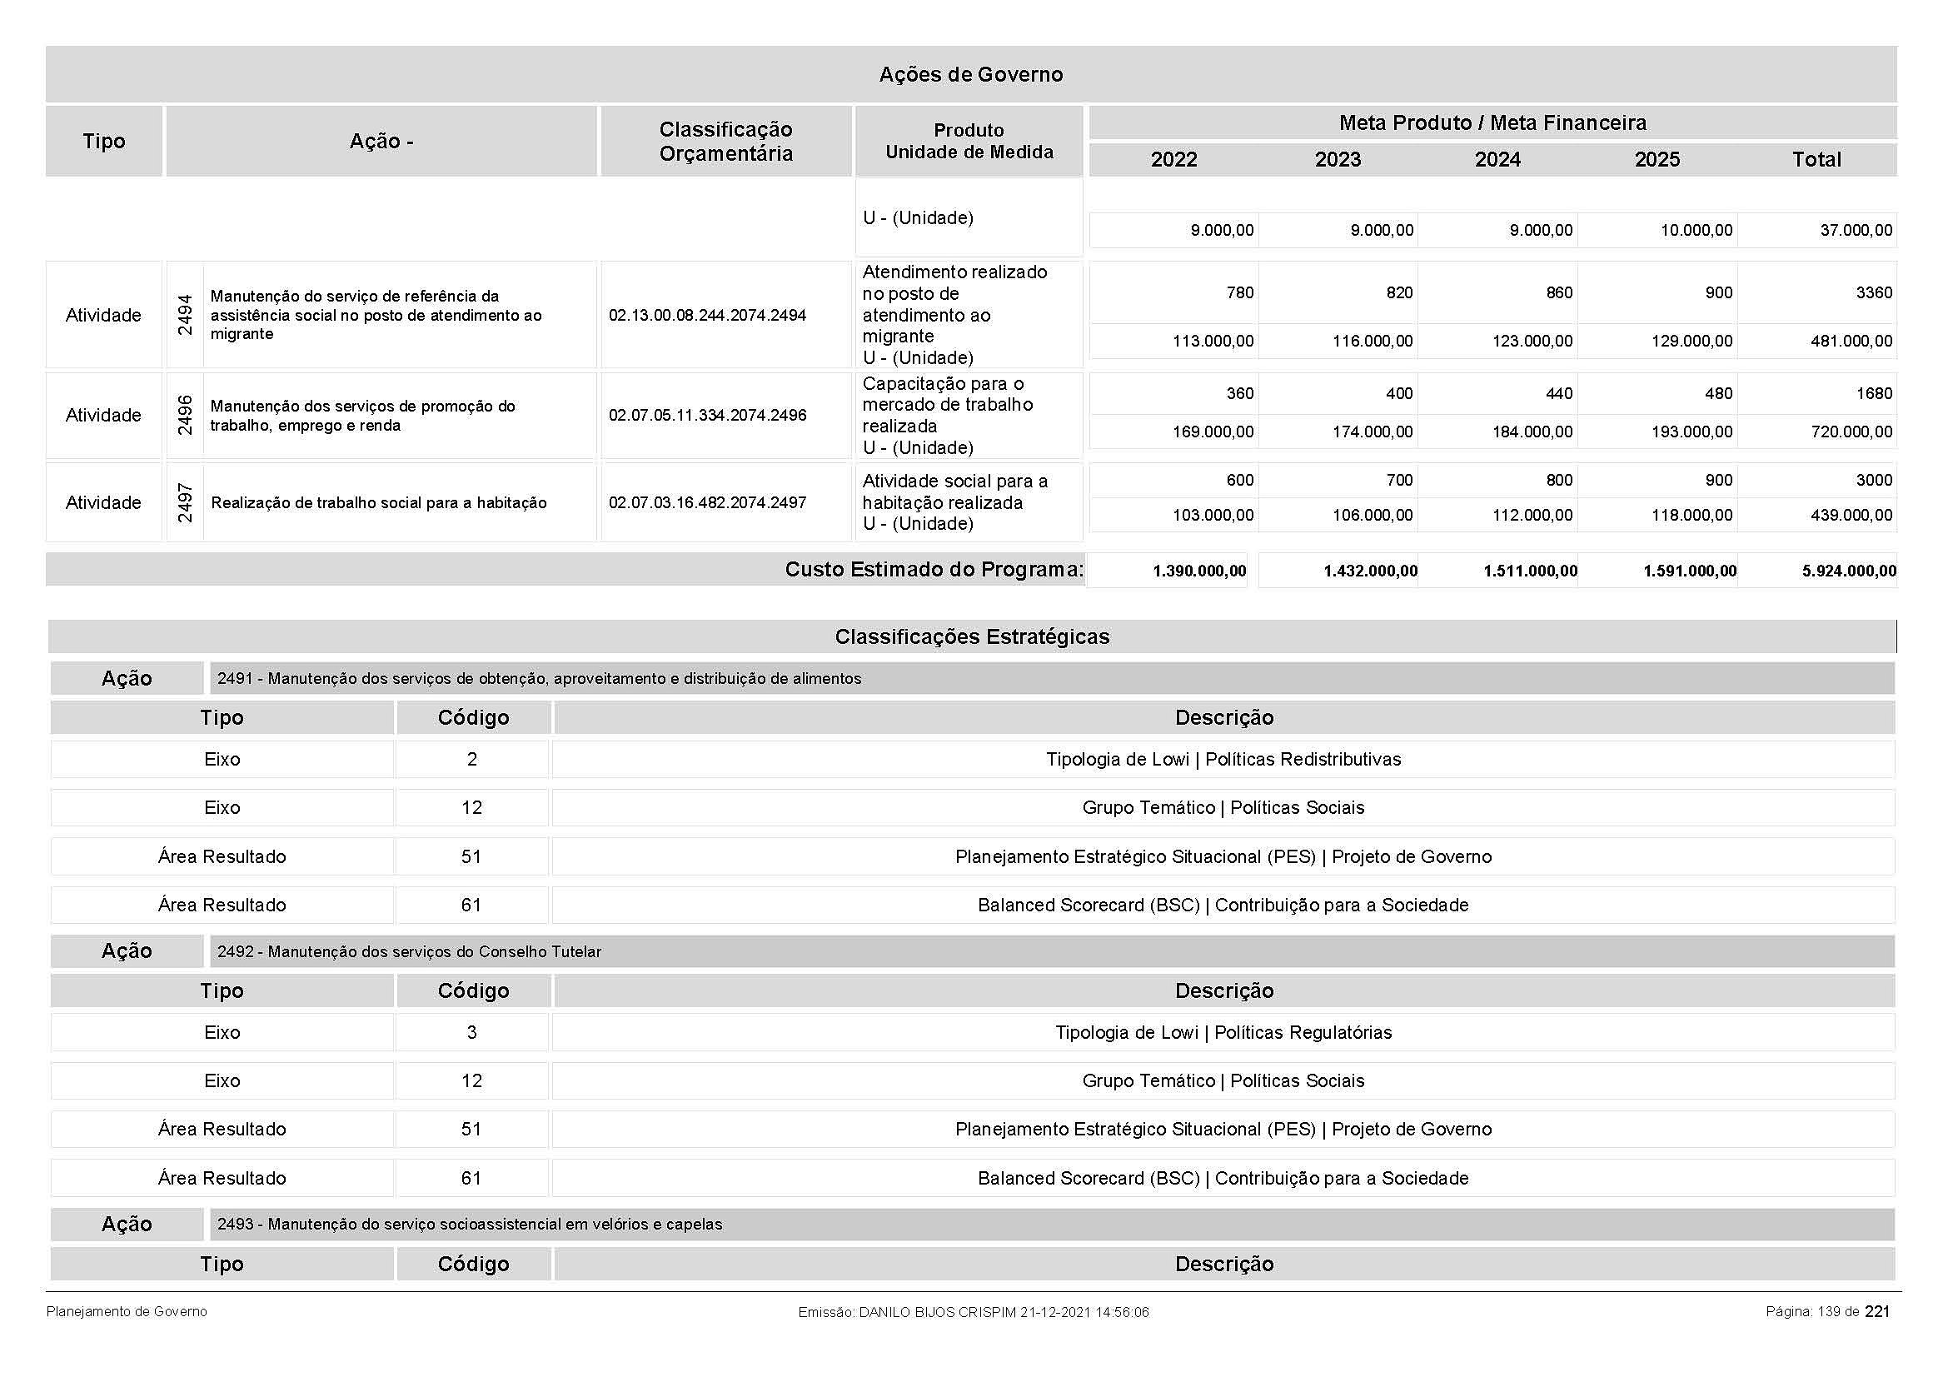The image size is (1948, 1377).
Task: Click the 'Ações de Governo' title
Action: (970, 75)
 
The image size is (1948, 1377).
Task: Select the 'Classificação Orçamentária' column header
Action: (725, 141)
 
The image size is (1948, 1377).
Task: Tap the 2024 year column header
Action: (1497, 159)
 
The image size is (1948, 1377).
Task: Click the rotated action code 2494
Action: (185, 315)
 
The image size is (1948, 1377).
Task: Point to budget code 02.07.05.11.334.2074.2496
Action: (708, 416)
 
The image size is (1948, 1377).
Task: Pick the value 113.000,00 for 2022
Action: (1213, 341)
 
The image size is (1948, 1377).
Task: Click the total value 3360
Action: (1873, 292)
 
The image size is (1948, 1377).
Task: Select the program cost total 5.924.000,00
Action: (1849, 571)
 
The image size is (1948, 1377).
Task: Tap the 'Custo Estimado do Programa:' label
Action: (934, 569)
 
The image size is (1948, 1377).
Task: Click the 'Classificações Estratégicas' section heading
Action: (971, 636)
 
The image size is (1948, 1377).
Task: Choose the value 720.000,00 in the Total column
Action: (1851, 432)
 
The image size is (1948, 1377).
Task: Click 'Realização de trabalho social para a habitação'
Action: (378, 503)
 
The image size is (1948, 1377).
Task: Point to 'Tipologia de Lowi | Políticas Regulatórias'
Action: (1223, 1032)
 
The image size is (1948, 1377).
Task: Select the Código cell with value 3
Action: (471, 1032)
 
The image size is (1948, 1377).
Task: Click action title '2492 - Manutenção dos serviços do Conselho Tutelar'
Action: (409, 952)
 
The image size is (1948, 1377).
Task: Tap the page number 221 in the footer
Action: (1876, 1312)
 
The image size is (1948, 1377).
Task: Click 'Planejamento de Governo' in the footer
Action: (127, 1312)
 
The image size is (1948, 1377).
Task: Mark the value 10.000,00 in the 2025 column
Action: (1696, 231)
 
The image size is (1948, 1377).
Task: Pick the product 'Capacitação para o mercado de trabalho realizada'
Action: (947, 405)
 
